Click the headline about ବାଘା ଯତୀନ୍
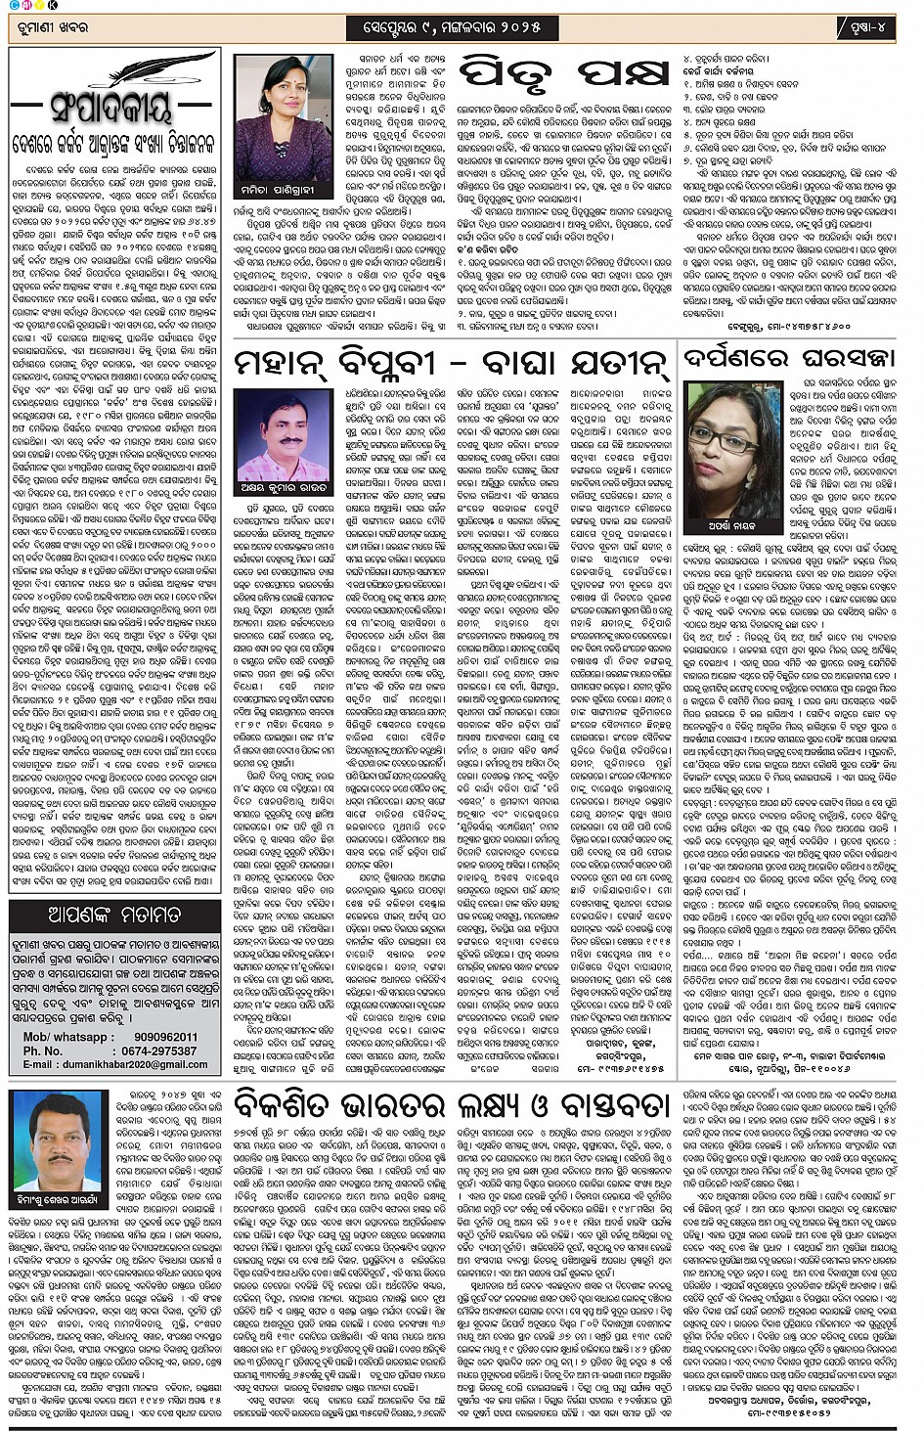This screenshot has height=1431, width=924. tap(452, 364)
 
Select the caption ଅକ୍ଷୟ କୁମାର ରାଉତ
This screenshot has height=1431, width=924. tap(283, 487)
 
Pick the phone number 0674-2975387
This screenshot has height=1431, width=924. tap(156, 1051)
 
